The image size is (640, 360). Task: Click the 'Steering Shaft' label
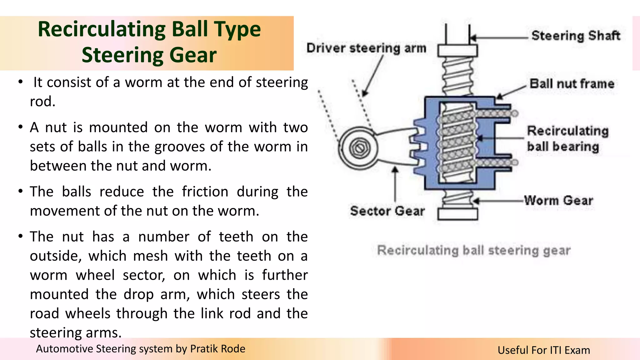(576, 36)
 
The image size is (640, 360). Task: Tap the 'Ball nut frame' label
(572, 84)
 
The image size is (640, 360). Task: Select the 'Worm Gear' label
(558, 200)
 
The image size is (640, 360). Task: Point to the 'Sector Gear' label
(387, 211)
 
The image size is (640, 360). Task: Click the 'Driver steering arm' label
(366, 48)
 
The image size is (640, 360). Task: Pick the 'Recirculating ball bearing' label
(567, 139)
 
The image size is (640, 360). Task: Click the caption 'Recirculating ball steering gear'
(474, 250)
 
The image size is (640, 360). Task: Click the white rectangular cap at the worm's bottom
(457, 214)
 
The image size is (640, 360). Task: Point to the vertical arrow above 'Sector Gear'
(395, 184)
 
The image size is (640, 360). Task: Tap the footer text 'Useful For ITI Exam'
(544, 350)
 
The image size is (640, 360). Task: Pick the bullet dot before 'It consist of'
(21, 82)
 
